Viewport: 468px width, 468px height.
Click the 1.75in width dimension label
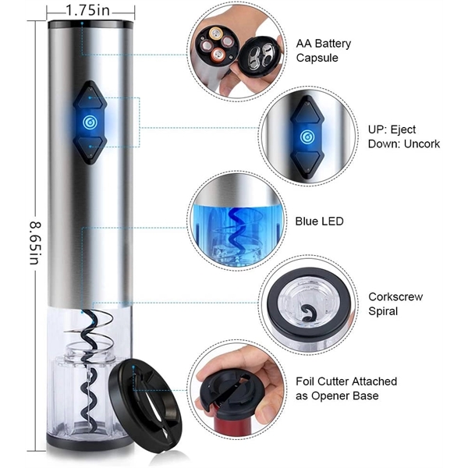tap(88, 11)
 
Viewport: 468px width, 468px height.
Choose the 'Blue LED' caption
tap(320, 222)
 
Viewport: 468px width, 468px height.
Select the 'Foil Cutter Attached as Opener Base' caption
tap(346, 388)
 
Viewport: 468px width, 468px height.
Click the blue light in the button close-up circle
tap(307, 137)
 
